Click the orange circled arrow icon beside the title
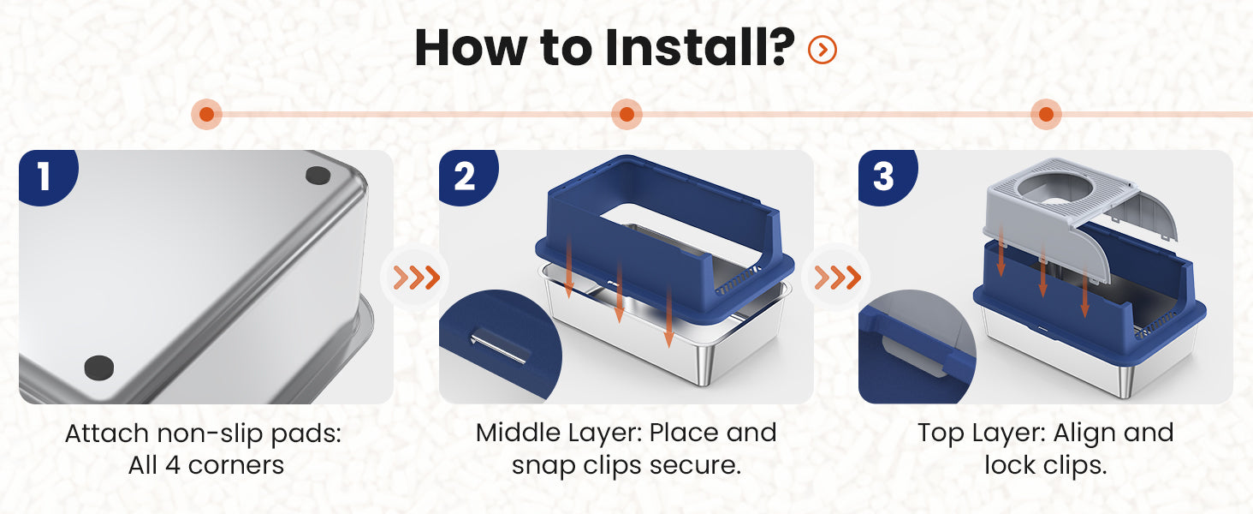click(822, 50)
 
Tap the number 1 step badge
click(47, 176)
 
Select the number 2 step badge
click(467, 176)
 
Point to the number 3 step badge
click(887, 176)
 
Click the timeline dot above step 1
click(207, 114)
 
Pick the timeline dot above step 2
click(626, 114)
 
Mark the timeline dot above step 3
click(1046, 114)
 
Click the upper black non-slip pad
click(318, 176)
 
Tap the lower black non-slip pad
click(99, 368)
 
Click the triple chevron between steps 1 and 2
click(416, 278)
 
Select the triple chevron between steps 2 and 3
click(837, 278)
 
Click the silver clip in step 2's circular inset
click(500, 347)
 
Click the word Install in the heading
click(700, 48)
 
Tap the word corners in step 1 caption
click(235, 465)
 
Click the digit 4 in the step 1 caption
click(172, 464)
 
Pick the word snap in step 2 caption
click(543, 466)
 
